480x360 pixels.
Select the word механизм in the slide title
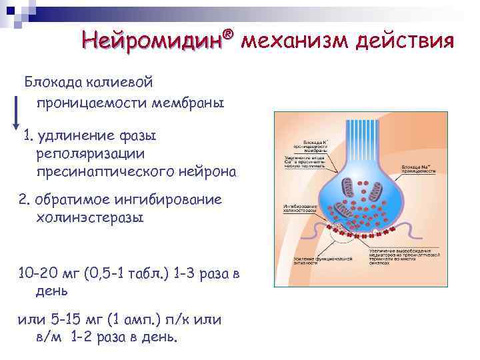point(294,41)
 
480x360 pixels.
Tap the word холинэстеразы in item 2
point(90,217)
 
